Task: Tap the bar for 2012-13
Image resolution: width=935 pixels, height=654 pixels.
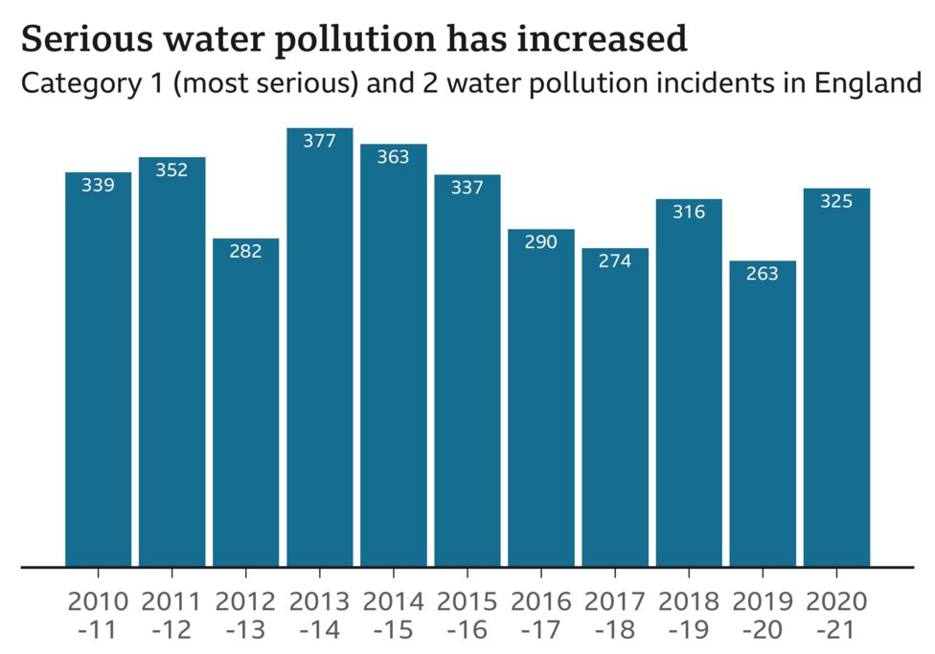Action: click(x=246, y=402)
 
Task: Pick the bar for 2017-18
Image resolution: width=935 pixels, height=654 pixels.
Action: click(x=615, y=407)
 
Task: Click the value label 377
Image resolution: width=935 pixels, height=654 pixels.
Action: click(x=320, y=142)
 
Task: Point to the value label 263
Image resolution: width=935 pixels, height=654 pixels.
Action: click(x=763, y=274)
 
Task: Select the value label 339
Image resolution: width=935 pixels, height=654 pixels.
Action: click(x=98, y=186)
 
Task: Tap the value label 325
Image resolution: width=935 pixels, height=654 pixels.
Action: click(x=836, y=201)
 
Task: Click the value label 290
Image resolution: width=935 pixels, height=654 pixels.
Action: click(x=541, y=242)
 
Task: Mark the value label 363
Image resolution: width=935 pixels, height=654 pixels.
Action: click(x=394, y=157)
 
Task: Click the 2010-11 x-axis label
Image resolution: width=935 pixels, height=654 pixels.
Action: click(x=98, y=616)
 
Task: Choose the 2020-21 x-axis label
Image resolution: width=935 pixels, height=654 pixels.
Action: click(x=836, y=616)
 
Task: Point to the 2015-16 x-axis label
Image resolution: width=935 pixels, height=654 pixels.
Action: click(x=467, y=616)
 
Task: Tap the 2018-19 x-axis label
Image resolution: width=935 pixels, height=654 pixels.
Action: click(x=689, y=616)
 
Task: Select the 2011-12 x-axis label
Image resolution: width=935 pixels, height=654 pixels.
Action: click(x=171, y=616)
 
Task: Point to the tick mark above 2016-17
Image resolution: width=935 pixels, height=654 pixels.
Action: click(x=541, y=574)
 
